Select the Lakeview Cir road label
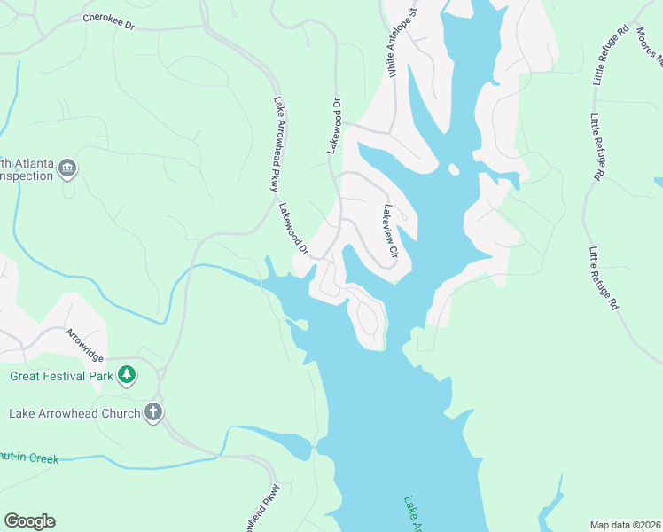coord(388,233)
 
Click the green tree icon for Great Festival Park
coord(128,375)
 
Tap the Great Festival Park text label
coord(62,375)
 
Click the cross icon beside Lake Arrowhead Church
coord(153,412)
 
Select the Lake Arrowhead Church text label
coord(74,413)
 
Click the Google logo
coord(29,521)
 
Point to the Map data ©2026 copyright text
coord(624,524)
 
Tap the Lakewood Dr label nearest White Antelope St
coord(335,126)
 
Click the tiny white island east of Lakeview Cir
coord(453,168)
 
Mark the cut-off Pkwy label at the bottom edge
coord(266,509)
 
